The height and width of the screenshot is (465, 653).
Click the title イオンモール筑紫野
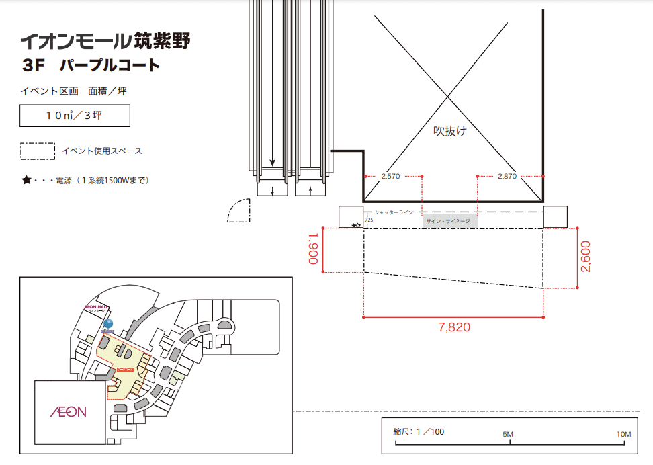tap(105, 42)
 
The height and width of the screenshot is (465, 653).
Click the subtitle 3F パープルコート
tap(91, 66)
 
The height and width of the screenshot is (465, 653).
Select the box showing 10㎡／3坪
tap(75, 116)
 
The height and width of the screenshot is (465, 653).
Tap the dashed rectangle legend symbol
tap(38, 151)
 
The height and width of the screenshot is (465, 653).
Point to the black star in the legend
tap(26, 180)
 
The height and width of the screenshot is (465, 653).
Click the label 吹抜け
tap(449, 130)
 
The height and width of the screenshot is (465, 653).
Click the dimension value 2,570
tap(390, 176)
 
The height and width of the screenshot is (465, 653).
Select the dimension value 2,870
tap(507, 176)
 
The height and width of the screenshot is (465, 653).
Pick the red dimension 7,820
tap(454, 328)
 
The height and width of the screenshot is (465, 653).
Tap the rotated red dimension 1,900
tap(313, 249)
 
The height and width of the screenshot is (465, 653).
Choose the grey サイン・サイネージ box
tap(449, 220)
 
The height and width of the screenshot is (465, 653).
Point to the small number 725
tap(368, 220)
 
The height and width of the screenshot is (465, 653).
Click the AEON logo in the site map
tap(69, 411)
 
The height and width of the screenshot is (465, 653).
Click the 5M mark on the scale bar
tap(508, 435)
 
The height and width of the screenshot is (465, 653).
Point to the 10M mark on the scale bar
tap(623, 435)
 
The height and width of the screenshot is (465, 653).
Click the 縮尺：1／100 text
tap(419, 431)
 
